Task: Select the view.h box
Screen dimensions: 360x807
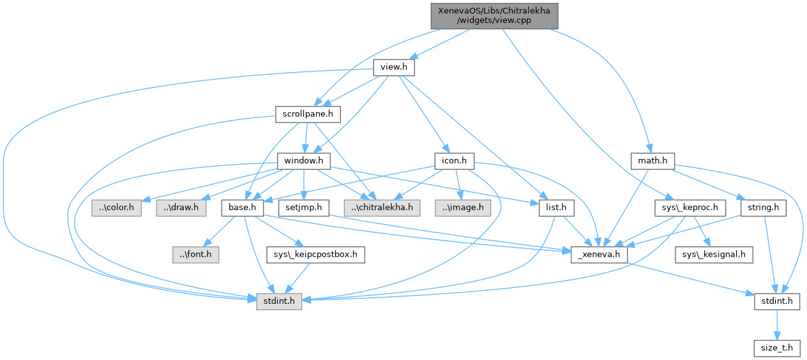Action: pos(394,67)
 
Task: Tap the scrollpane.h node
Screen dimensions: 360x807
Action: pos(308,114)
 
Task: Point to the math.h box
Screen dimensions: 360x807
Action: pos(652,160)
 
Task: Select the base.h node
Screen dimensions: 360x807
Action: pos(243,207)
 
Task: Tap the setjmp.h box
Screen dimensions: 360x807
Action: pos(302,207)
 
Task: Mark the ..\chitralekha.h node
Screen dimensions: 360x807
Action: pos(381,207)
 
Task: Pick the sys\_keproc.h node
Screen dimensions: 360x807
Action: pos(690,207)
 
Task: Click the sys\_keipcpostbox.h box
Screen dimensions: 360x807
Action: pos(315,255)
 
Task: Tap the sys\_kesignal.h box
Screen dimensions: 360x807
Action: pos(714,255)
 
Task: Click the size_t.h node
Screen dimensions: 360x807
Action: pos(777,348)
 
